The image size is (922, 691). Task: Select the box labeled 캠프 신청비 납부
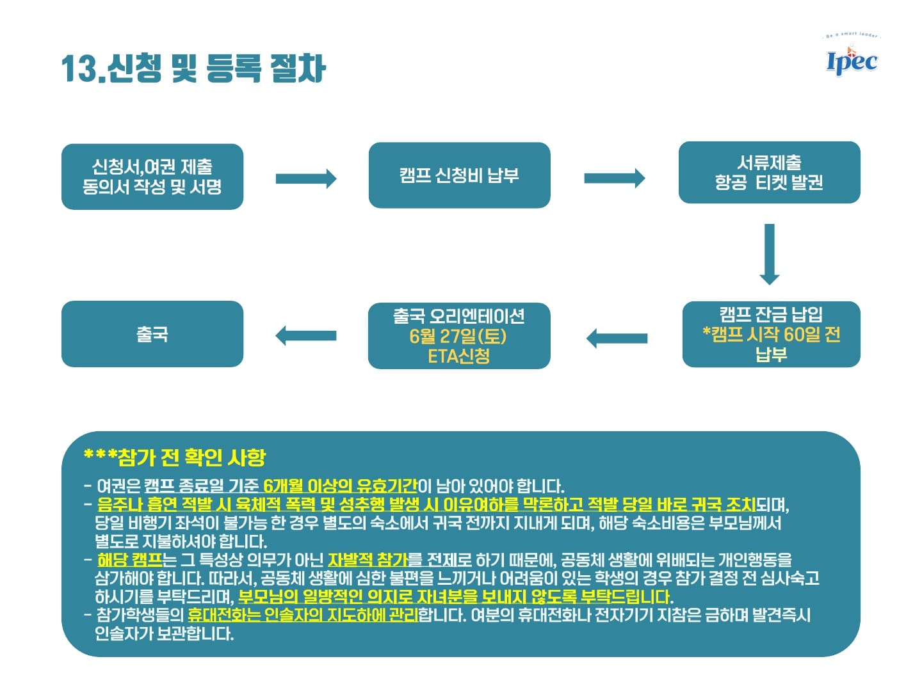[x=459, y=175]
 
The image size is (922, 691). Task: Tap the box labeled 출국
[x=152, y=334]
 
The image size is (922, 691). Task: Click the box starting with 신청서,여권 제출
[x=152, y=177]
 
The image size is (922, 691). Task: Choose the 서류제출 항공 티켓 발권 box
[x=769, y=173]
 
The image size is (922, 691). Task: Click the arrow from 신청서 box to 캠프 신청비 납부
[x=305, y=179]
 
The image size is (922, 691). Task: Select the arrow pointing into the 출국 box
[x=305, y=335]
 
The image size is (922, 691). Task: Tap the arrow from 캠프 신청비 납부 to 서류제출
[x=614, y=178]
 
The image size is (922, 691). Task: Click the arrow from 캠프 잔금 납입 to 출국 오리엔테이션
[x=617, y=338]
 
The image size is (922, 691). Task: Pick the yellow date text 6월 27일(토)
[x=458, y=336]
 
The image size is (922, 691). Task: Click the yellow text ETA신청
[x=458, y=356]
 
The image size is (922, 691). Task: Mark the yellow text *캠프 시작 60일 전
[x=771, y=334]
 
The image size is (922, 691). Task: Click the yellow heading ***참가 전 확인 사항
[x=174, y=457]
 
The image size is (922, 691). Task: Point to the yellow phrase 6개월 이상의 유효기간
[x=340, y=486]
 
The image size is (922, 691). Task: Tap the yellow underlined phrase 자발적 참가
[x=368, y=560]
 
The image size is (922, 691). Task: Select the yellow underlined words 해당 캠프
[x=129, y=560]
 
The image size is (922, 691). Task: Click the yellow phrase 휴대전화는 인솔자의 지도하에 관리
[x=302, y=616]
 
